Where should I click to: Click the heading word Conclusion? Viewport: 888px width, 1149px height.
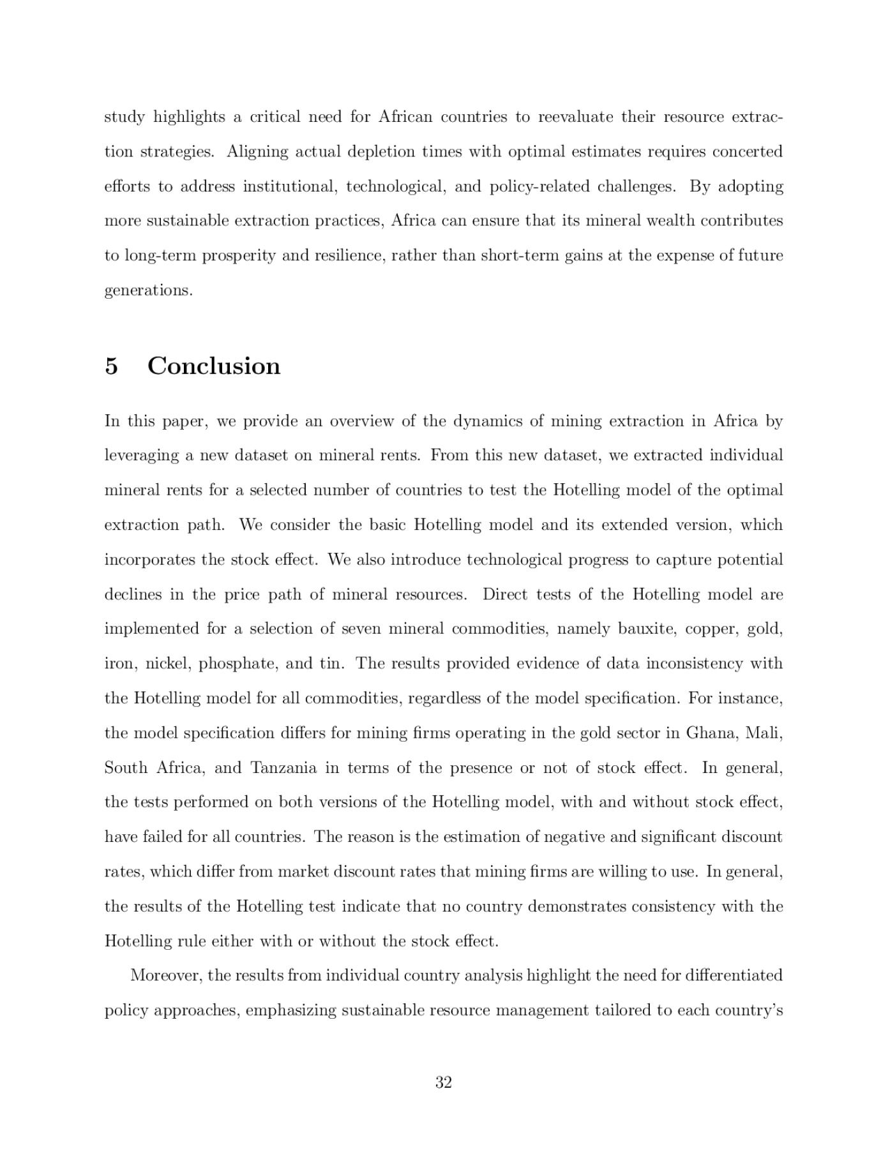coord(214,366)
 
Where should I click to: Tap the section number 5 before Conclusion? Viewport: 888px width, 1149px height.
coord(112,366)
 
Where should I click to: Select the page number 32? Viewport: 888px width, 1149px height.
coord(444,1082)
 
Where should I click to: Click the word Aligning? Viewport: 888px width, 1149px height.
coord(255,152)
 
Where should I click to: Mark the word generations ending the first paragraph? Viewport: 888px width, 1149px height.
coord(147,290)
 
